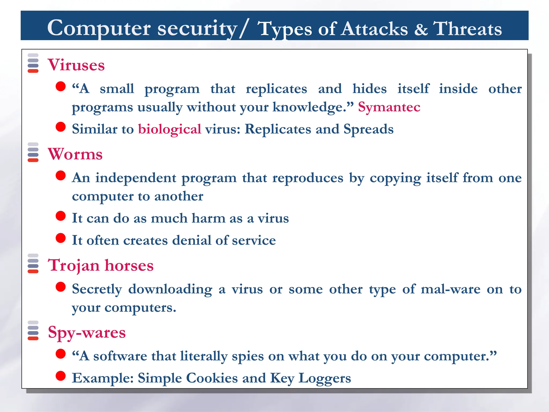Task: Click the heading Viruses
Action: click(x=76, y=65)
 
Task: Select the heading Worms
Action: click(x=75, y=154)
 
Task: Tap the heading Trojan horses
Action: click(x=101, y=266)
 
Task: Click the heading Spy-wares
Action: click(x=87, y=333)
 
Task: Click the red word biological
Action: click(x=169, y=129)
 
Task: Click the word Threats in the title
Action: click(x=468, y=29)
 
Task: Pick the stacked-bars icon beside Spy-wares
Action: click(x=33, y=330)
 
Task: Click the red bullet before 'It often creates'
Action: click(x=61, y=238)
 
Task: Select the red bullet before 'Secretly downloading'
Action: click(x=61, y=287)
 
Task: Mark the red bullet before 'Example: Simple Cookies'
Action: click(x=61, y=376)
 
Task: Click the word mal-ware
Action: click(x=450, y=289)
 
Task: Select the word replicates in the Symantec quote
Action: click(x=276, y=89)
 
